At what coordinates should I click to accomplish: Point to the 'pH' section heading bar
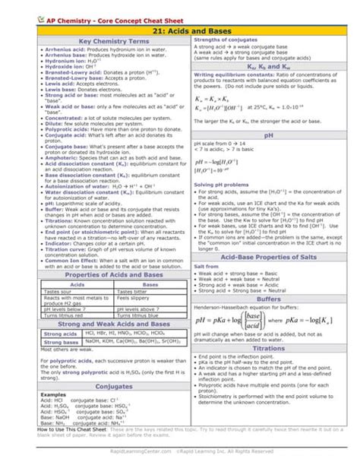(x=268, y=135)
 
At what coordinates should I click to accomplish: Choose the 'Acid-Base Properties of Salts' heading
(x=268, y=258)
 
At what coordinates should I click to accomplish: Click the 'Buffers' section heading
(x=268, y=300)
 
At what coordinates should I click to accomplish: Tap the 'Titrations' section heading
(x=268, y=369)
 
